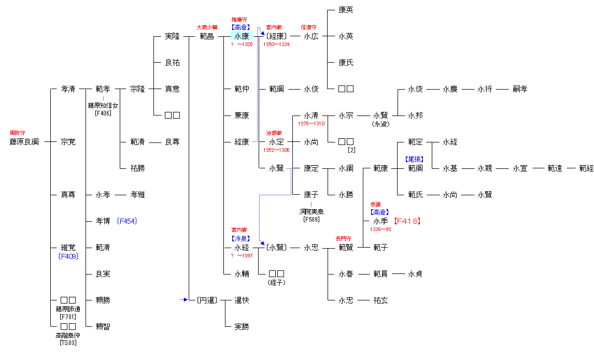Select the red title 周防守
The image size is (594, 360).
(17, 133)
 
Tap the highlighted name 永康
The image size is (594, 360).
(242, 36)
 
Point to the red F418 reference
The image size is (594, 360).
(407, 221)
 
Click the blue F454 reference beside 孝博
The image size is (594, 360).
(126, 221)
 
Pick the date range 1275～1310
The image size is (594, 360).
(311, 124)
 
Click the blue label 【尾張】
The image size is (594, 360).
(415, 160)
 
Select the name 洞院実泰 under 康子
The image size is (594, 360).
(311, 212)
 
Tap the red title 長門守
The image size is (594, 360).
(345, 239)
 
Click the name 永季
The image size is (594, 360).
(380, 221)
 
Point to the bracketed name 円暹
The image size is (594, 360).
(207, 300)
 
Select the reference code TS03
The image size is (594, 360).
(68, 343)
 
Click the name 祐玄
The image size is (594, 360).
(380, 300)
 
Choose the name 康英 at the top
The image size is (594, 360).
(346, 10)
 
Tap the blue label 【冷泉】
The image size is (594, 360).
(242, 239)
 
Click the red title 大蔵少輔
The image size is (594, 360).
(206, 27)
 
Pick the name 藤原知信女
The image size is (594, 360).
(103, 106)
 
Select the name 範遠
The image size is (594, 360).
(555, 168)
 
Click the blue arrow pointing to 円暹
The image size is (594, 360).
(183, 299)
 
